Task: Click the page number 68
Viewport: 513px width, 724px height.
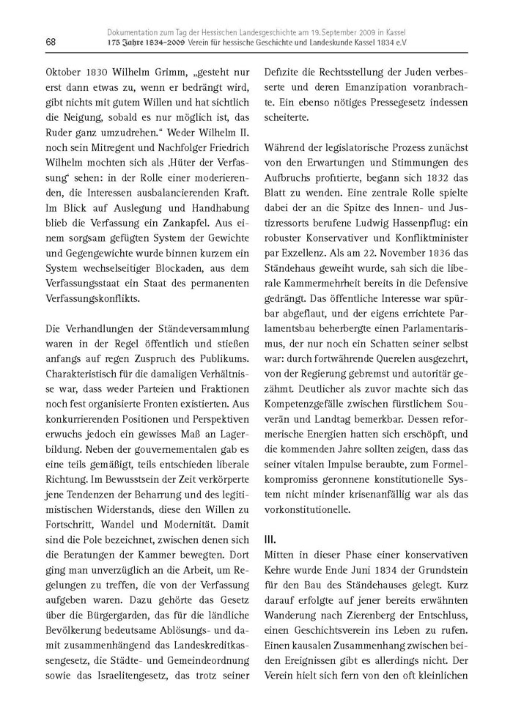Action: [31, 42]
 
